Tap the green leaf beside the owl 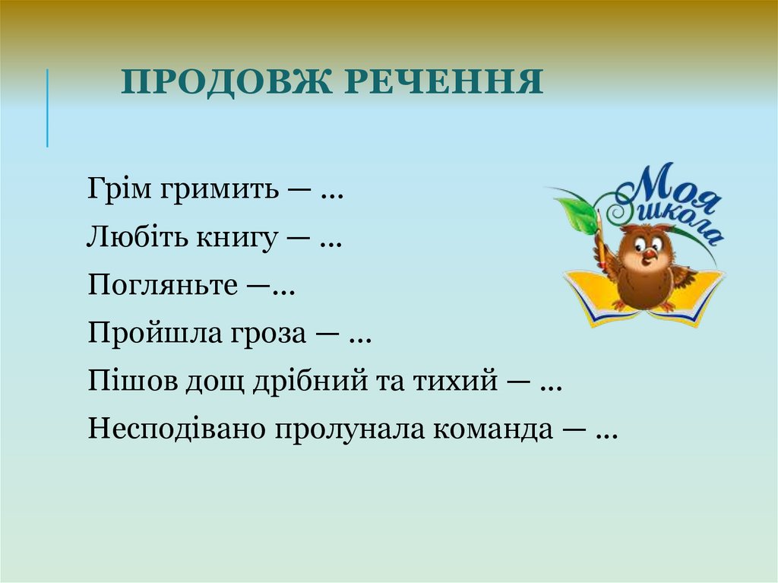pyautogui.click(x=578, y=215)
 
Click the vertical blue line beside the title pyautogui.click(x=47, y=107)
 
